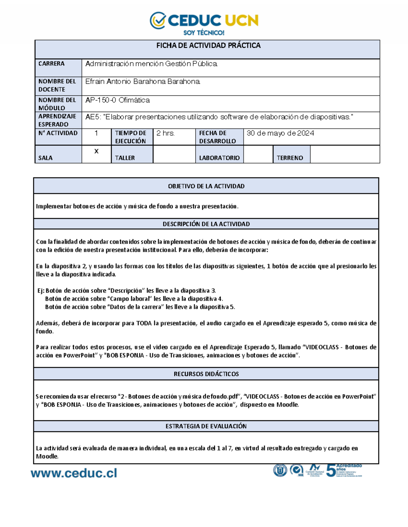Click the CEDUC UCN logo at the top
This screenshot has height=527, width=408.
(x=204, y=20)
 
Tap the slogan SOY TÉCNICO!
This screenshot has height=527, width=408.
(x=204, y=33)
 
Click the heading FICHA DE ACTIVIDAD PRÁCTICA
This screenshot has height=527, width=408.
(x=208, y=45)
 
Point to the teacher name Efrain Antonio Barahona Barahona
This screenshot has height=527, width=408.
(x=143, y=82)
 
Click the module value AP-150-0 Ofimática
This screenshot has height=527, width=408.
(x=117, y=100)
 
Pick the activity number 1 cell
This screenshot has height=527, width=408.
(x=96, y=133)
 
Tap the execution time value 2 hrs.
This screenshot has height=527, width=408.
(x=165, y=133)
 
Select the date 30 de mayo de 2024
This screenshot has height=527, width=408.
(x=280, y=133)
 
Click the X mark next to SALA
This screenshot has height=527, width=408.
(x=96, y=151)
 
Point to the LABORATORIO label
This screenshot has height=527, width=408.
(x=219, y=158)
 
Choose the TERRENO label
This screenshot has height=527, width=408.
(x=290, y=158)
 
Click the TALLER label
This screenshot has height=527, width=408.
(x=125, y=158)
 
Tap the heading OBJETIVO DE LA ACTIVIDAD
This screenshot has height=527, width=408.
(x=206, y=186)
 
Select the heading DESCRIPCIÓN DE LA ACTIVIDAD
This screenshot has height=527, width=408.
(x=206, y=224)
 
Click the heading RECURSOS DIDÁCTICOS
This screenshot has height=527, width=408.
(x=206, y=374)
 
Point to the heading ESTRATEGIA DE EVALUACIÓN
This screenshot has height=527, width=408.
(x=206, y=427)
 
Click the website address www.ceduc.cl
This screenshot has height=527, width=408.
(x=74, y=473)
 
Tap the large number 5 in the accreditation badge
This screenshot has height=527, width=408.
(x=330, y=471)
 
